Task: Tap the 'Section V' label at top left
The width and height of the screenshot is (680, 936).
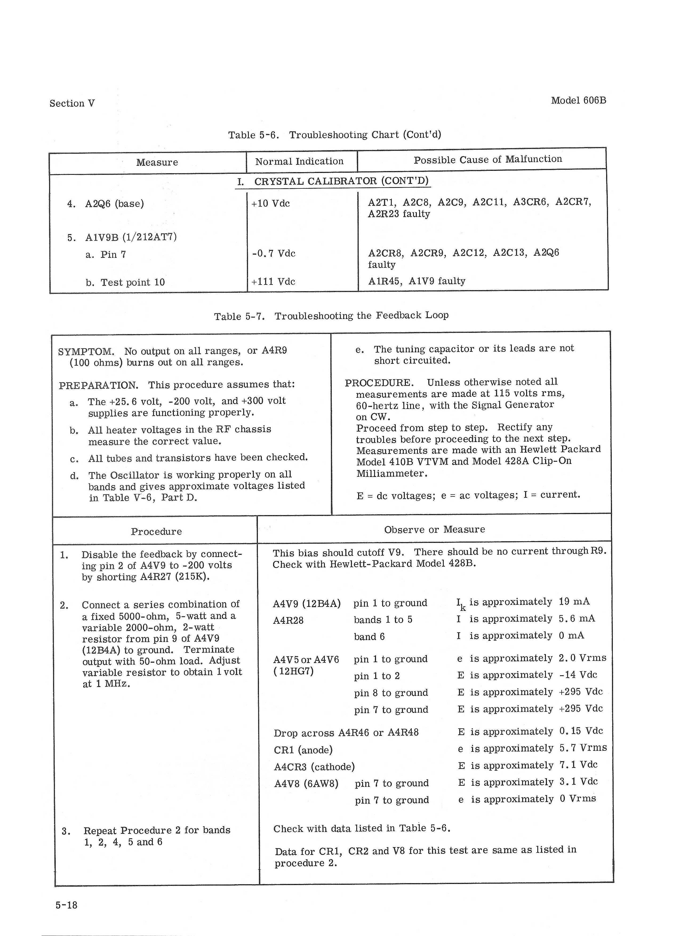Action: point(72,103)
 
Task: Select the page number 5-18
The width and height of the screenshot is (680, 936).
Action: point(67,905)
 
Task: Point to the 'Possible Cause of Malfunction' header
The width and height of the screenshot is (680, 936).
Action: point(487,160)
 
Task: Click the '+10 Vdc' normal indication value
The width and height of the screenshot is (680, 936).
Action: point(270,203)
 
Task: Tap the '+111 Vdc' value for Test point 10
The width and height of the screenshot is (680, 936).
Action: point(273,282)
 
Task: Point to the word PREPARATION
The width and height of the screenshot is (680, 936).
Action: point(98,385)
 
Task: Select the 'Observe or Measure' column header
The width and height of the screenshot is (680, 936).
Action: point(434,530)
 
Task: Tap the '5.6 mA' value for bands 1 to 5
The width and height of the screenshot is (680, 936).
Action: point(577,619)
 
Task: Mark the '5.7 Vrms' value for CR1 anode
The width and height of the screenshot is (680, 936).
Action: point(583,748)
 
